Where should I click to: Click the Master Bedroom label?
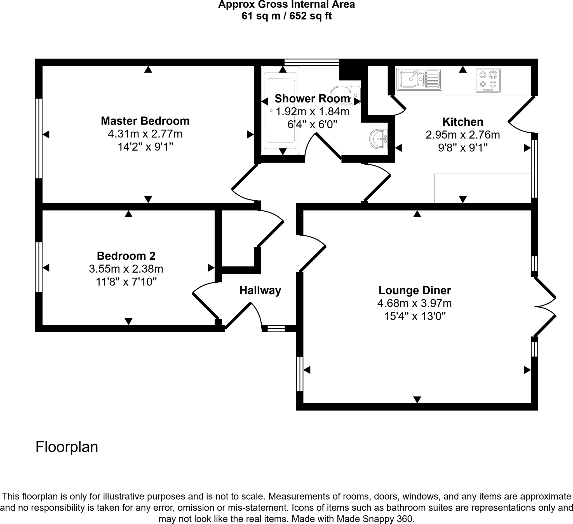[145, 121]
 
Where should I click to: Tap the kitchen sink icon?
[419, 79]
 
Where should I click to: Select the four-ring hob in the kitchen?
[488, 80]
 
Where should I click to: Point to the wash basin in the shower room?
[379, 139]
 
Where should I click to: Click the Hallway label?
[260, 290]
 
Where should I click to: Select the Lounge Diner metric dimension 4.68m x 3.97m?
[414, 303]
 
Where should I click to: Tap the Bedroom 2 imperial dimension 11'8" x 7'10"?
[126, 282]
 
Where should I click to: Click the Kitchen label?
[463, 122]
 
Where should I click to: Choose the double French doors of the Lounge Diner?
[545, 307]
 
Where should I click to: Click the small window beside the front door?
[276, 329]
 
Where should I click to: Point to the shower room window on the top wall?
[312, 62]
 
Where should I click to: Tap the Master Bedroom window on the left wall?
[39, 138]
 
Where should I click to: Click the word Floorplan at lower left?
[67, 447]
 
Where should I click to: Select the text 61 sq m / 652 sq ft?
[286, 16]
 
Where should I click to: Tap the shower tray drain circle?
[271, 111]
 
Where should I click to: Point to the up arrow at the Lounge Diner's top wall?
[417, 214]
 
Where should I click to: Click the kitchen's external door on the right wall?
[522, 115]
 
